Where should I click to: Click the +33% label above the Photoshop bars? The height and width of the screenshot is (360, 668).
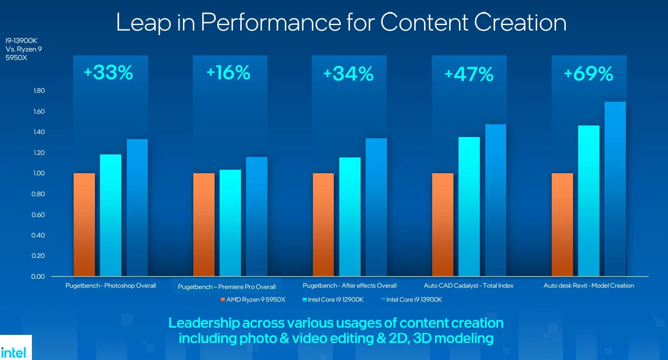109,73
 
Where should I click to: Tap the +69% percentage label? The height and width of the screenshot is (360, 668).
588,74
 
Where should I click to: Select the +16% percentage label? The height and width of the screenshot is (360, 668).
229,73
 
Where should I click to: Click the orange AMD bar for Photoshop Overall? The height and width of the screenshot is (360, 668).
84,224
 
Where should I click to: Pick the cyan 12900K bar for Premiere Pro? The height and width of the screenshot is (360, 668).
230,223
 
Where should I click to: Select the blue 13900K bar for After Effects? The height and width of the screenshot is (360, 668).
376,207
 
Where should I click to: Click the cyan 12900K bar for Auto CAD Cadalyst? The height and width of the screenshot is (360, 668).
469,206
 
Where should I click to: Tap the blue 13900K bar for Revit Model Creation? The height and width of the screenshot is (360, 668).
615,189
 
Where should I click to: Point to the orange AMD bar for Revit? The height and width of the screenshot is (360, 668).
562,224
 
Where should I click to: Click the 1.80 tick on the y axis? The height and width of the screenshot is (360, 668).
39,91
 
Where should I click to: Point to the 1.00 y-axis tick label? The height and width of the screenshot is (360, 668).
39,173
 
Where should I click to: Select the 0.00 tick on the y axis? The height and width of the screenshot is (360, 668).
38,277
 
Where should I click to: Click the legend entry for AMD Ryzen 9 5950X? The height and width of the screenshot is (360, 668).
253,300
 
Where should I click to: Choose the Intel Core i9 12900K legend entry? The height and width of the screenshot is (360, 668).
333,300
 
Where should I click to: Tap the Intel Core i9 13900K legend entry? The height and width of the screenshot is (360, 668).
412,300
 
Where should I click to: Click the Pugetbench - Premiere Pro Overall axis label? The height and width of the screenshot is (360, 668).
226,287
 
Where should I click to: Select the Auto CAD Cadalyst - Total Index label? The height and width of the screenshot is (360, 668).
468,286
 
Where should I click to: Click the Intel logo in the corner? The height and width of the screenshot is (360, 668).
14,352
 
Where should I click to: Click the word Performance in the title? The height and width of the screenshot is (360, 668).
271,22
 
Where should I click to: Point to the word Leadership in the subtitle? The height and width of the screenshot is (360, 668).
204,323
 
